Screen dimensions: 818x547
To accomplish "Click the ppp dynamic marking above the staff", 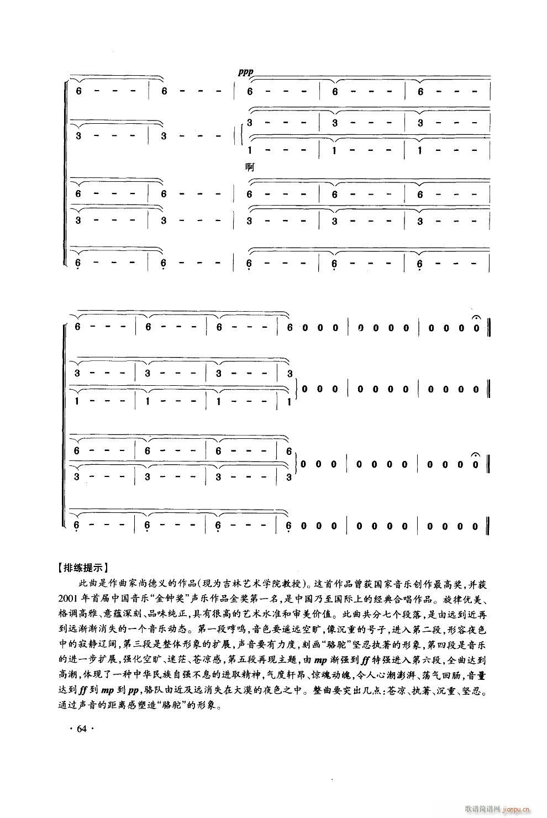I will pyautogui.click(x=245, y=72).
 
